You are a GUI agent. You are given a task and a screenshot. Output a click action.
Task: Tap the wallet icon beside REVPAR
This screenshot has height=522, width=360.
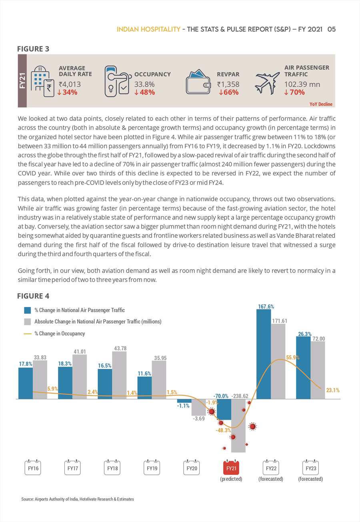198,82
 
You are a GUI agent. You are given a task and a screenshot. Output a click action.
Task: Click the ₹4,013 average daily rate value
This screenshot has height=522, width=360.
70,84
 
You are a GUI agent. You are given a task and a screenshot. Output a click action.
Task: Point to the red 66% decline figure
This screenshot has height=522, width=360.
228,92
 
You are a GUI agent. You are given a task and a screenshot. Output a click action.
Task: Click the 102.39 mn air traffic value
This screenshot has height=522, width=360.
302,84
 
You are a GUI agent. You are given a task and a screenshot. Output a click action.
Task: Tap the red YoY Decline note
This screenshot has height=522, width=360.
321,104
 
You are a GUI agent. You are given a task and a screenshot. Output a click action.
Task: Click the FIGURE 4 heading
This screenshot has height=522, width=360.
33,296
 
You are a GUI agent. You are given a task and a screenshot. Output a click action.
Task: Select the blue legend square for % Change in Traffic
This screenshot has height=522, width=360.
28,310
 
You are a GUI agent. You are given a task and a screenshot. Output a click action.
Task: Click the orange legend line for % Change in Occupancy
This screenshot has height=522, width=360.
28,334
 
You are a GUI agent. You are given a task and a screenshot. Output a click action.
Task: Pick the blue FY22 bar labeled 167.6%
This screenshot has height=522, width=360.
264,354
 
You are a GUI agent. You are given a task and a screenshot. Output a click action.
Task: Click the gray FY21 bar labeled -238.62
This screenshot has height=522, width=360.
238,426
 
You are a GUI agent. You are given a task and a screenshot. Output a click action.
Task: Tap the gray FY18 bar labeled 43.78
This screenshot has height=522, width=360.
119,375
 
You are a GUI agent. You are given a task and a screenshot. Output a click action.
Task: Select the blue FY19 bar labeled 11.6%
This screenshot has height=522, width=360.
144,388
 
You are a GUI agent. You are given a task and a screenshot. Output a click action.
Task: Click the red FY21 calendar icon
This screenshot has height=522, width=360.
231,467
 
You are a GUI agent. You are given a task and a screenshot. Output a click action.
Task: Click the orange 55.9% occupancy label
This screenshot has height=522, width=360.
293,357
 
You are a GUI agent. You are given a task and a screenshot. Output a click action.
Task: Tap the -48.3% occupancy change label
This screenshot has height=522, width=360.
223,430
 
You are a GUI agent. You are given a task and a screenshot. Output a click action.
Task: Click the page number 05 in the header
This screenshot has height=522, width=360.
331,29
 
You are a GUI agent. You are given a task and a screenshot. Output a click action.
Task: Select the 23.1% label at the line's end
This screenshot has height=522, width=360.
333,390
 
